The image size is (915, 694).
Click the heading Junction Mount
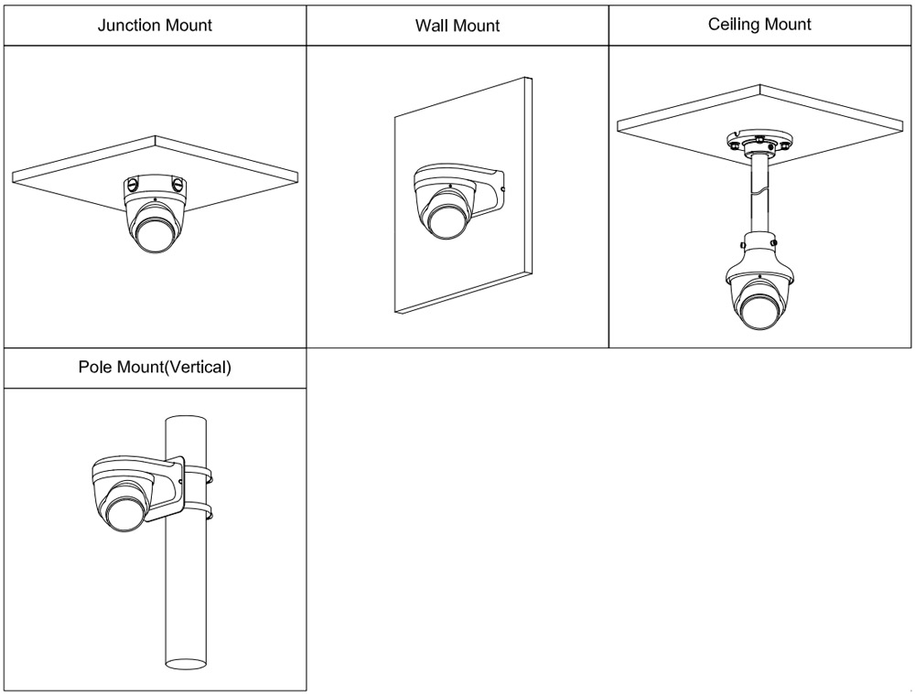[155, 25]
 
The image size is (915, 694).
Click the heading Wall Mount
[457, 26]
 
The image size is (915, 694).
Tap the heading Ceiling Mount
[759, 25]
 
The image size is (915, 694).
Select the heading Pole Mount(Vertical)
[155, 368]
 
